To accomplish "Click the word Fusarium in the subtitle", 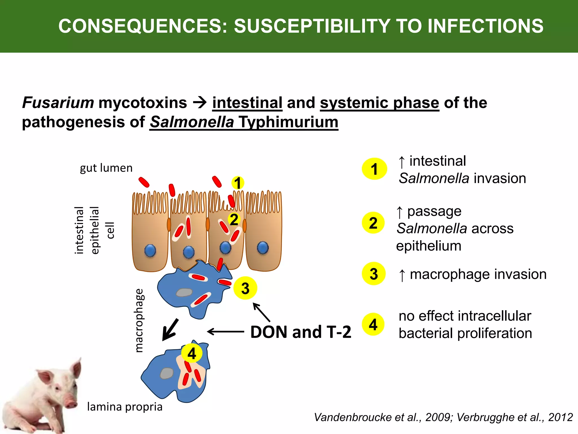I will pyautogui.click(x=58, y=103).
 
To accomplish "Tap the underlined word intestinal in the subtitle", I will pyautogui.click(x=247, y=103).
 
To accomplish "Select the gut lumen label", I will pyautogui.click(x=106, y=168).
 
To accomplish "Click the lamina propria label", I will pyautogui.click(x=125, y=407).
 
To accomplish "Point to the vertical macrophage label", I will pyautogui.click(x=139, y=320).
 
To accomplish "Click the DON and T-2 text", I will pyautogui.click(x=301, y=332).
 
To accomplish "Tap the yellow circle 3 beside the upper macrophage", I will pyautogui.click(x=245, y=288).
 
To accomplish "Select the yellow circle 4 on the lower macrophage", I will pyautogui.click(x=192, y=353).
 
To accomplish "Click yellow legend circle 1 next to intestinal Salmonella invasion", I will pyautogui.click(x=374, y=169).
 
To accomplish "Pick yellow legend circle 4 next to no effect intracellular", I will pyautogui.click(x=373, y=324).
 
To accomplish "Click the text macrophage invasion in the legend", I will pyautogui.click(x=478, y=274).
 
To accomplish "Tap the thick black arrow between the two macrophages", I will pyautogui.click(x=170, y=330).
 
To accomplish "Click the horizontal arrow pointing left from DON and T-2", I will pyautogui.click(x=225, y=331).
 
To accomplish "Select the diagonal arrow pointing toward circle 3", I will pyautogui.click(x=261, y=312).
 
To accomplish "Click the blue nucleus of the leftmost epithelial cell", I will pyautogui.click(x=150, y=251).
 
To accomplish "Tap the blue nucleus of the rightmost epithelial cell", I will pyautogui.click(x=263, y=248).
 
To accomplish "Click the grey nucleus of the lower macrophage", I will pyautogui.click(x=167, y=373).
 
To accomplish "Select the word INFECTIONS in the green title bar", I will pyautogui.click(x=485, y=26).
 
